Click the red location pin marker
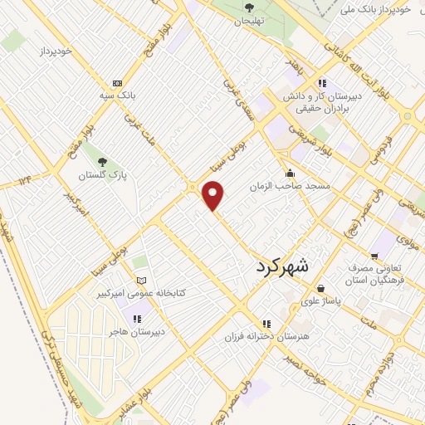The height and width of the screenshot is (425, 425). click(213, 194)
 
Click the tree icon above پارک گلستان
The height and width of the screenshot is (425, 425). click(102, 163)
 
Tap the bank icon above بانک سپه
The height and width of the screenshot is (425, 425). click(117, 83)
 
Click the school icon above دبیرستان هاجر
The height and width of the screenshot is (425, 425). click(137, 318)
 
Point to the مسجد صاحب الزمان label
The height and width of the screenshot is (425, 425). click(291, 187)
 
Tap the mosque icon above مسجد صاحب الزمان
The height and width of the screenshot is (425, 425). click(289, 173)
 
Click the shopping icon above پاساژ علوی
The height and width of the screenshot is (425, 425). click(320, 289)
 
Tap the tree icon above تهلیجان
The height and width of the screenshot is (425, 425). click(248, 8)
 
